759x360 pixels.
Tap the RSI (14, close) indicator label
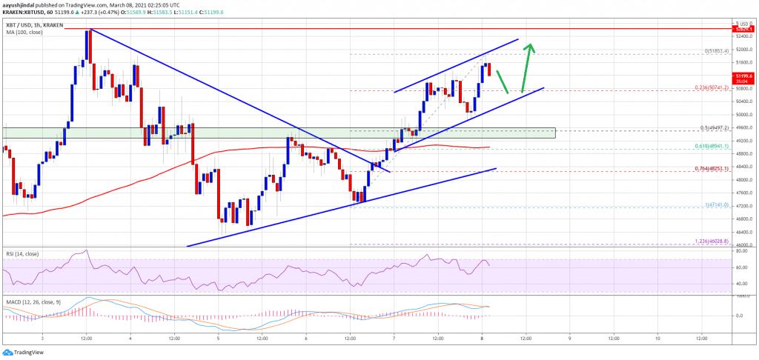21,255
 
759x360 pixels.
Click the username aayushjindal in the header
23,5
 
